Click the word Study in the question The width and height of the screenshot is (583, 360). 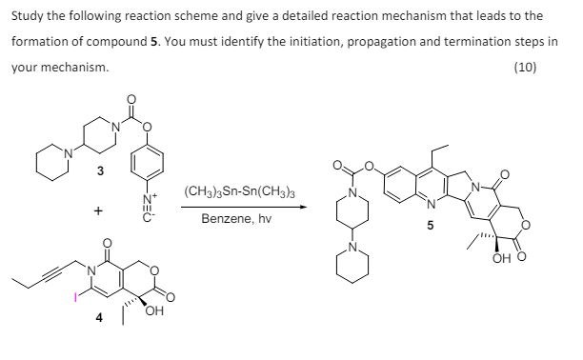pyautogui.click(x=27, y=16)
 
